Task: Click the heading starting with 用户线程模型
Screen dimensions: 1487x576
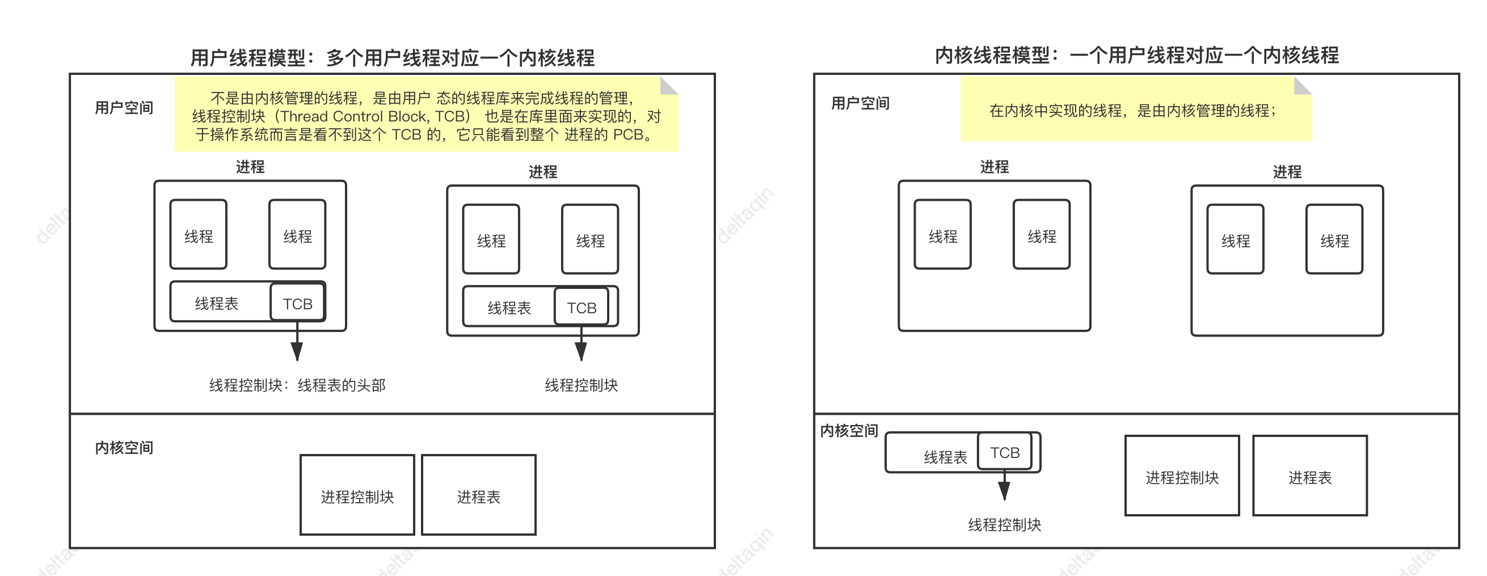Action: coord(392,58)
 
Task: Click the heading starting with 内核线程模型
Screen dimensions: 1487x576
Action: coord(1136,56)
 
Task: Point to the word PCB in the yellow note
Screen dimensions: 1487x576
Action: coord(627,134)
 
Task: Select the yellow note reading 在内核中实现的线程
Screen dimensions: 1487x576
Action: coord(1135,110)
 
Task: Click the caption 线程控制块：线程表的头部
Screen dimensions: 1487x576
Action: coord(297,385)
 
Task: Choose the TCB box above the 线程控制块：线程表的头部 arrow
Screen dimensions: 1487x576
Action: coord(297,303)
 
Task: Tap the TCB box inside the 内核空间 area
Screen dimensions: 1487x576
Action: coord(1004,452)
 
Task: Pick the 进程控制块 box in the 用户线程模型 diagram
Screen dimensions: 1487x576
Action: coord(357,495)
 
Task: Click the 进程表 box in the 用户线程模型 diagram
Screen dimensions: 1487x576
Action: coord(478,495)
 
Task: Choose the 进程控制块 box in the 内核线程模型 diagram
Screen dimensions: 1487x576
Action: coord(1182,476)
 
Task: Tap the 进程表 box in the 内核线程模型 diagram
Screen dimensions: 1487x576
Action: coord(1309,476)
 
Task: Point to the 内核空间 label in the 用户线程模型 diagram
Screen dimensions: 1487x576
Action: coord(124,447)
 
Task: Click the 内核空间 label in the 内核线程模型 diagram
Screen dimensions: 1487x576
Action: coord(849,431)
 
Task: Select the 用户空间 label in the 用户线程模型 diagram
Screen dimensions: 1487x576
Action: coord(124,107)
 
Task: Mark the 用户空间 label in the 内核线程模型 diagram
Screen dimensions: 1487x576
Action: coord(860,103)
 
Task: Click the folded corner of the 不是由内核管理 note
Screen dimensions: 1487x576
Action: coord(668,86)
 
